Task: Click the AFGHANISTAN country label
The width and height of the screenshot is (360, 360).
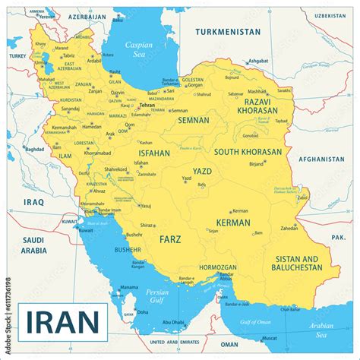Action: click(322, 159)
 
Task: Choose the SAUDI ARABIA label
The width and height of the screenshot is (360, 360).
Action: click(33, 244)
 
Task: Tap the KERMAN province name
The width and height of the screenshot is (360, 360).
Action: click(232, 223)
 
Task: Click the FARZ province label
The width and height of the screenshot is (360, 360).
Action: click(170, 239)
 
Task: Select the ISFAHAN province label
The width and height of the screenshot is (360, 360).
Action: click(153, 153)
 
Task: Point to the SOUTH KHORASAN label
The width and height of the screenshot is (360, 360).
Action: click(248, 152)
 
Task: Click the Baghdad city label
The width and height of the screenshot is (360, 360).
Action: click(34, 149)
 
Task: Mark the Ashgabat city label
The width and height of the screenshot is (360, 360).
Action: click(258, 60)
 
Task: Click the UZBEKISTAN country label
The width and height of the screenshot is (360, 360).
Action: click(330, 15)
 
